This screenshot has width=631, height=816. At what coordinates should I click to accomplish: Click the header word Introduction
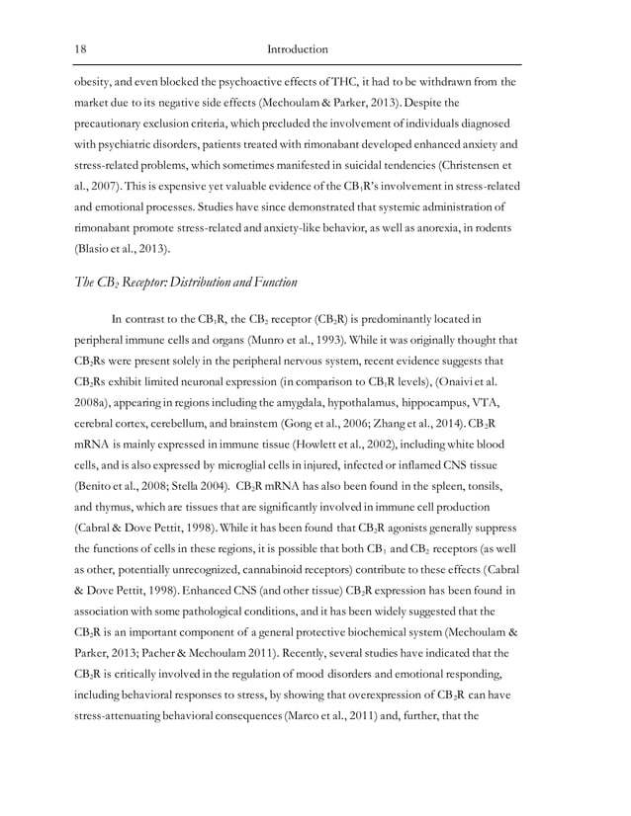298,48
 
